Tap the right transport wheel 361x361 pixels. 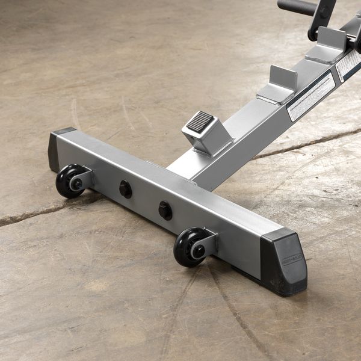[x=188, y=247]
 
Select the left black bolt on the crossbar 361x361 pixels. [x=125, y=189]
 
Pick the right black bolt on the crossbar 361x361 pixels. [x=165, y=210]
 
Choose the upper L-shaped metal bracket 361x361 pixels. [x=329, y=45]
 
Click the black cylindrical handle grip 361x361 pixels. [x=297, y=7]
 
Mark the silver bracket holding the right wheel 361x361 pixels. [x=206, y=242]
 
